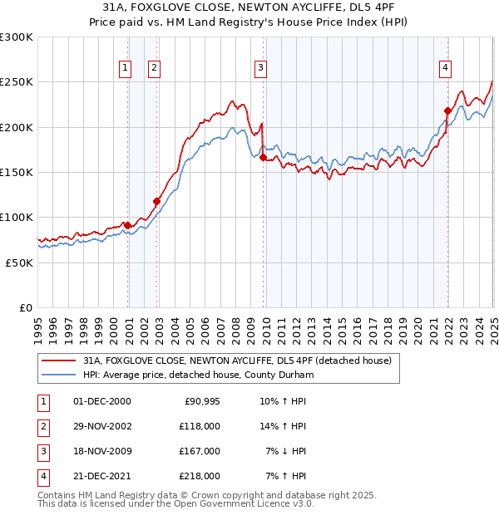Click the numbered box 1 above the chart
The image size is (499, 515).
coord(125,68)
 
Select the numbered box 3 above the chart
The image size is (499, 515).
coord(260,68)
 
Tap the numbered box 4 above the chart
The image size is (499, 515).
coord(446,68)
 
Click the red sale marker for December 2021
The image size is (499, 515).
coord(447,110)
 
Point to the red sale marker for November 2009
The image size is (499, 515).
coord(264,156)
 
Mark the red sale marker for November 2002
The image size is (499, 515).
coord(156,200)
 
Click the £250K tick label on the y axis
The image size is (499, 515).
coord(17,82)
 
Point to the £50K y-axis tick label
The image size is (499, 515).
coord(19,262)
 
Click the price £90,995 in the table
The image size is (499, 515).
coord(200,401)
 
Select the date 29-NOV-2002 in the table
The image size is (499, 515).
coord(101,426)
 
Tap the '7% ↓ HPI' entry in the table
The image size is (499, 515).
coord(286,451)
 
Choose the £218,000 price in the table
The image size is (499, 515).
coord(200,476)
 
